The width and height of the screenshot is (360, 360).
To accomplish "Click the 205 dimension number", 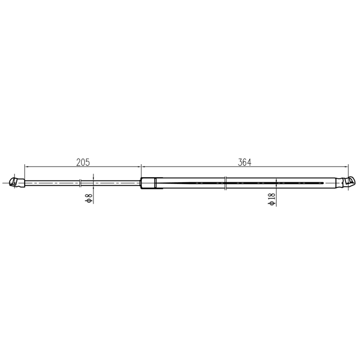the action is point(83,163).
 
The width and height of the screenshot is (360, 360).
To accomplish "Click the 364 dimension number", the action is point(245,163).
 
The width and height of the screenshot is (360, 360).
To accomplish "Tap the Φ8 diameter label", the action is point(89,199).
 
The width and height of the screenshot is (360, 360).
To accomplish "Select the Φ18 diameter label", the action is point(271,199).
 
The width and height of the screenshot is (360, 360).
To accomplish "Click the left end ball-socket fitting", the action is point(17,182).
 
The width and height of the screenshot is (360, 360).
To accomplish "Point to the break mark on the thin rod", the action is point(80,183).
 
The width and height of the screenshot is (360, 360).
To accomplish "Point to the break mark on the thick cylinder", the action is point(225,183).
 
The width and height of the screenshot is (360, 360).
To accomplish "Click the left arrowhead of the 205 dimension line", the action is point(26,166).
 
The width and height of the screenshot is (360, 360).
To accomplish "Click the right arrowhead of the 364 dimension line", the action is point(346,166).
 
